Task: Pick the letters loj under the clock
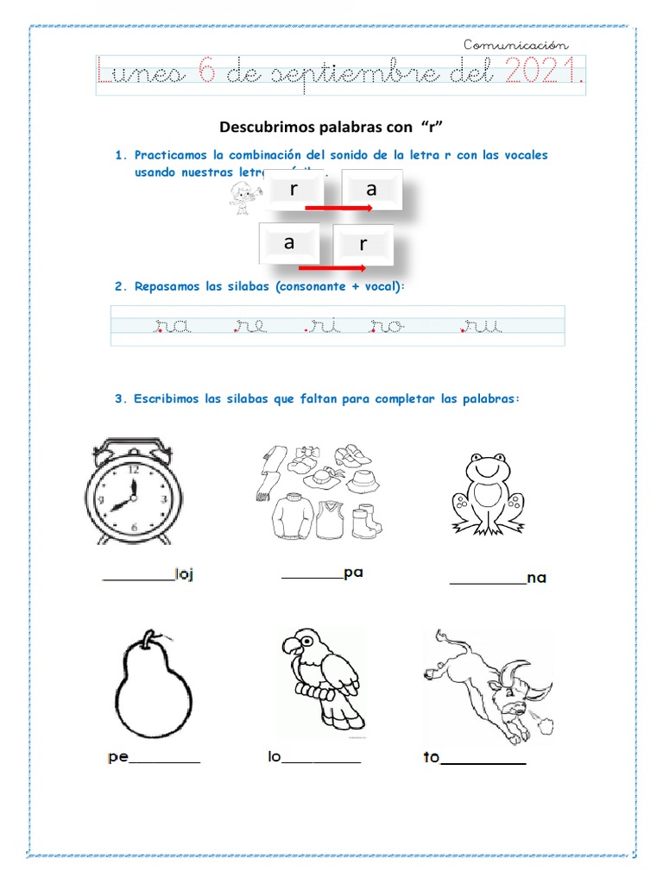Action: pos(184,575)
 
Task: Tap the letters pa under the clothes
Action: pos(352,573)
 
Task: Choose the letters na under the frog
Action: pos(536,578)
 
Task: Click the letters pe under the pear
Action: pos(118,758)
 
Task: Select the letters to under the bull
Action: pos(432,758)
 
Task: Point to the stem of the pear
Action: pos(153,639)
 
